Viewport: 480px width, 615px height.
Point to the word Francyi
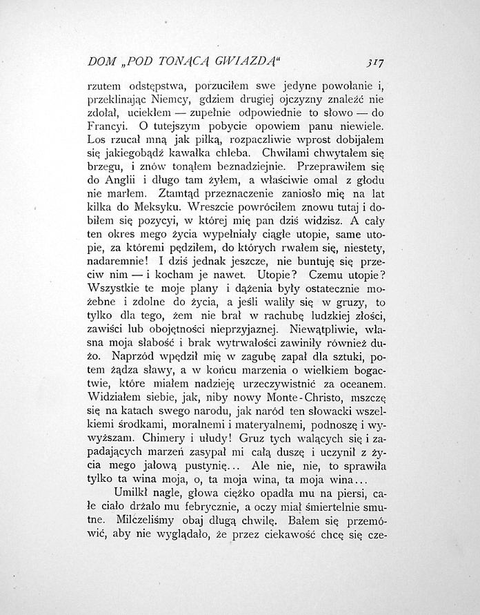click(x=107, y=128)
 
